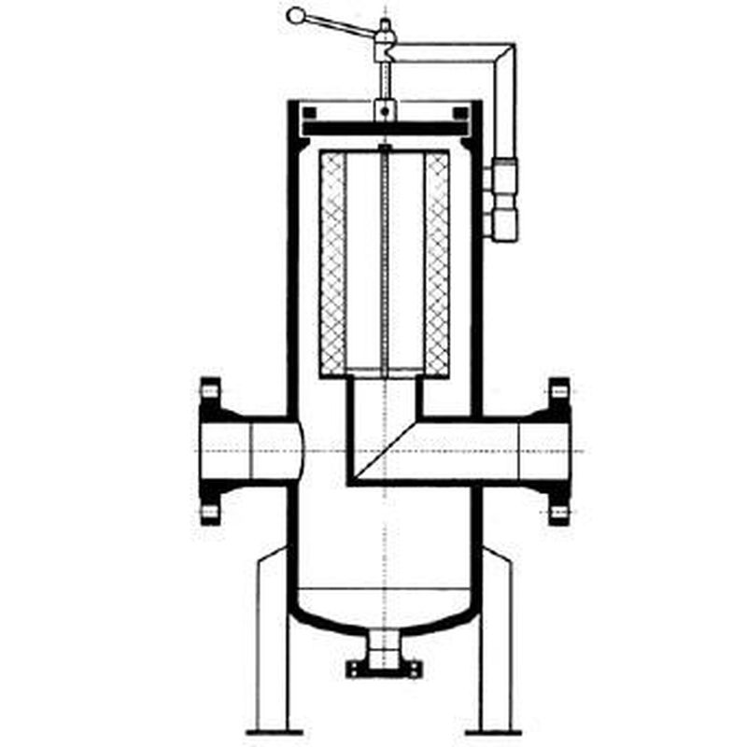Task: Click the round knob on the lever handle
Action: [296, 16]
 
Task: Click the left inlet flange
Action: [211, 451]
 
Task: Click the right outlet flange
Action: [558, 451]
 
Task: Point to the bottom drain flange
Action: [384, 668]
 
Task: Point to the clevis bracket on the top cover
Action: [384, 109]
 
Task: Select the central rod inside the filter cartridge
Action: [384, 261]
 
